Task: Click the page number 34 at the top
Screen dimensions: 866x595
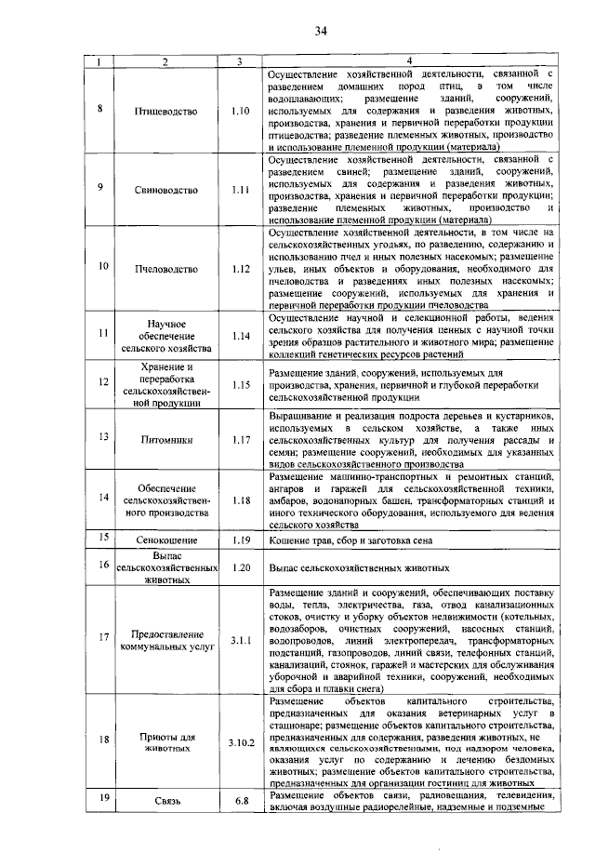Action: click(321, 32)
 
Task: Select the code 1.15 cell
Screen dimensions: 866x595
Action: click(241, 384)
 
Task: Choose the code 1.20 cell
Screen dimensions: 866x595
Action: click(241, 566)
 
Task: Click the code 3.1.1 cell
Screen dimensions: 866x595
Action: click(241, 639)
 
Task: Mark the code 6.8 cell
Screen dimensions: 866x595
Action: click(241, 801)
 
